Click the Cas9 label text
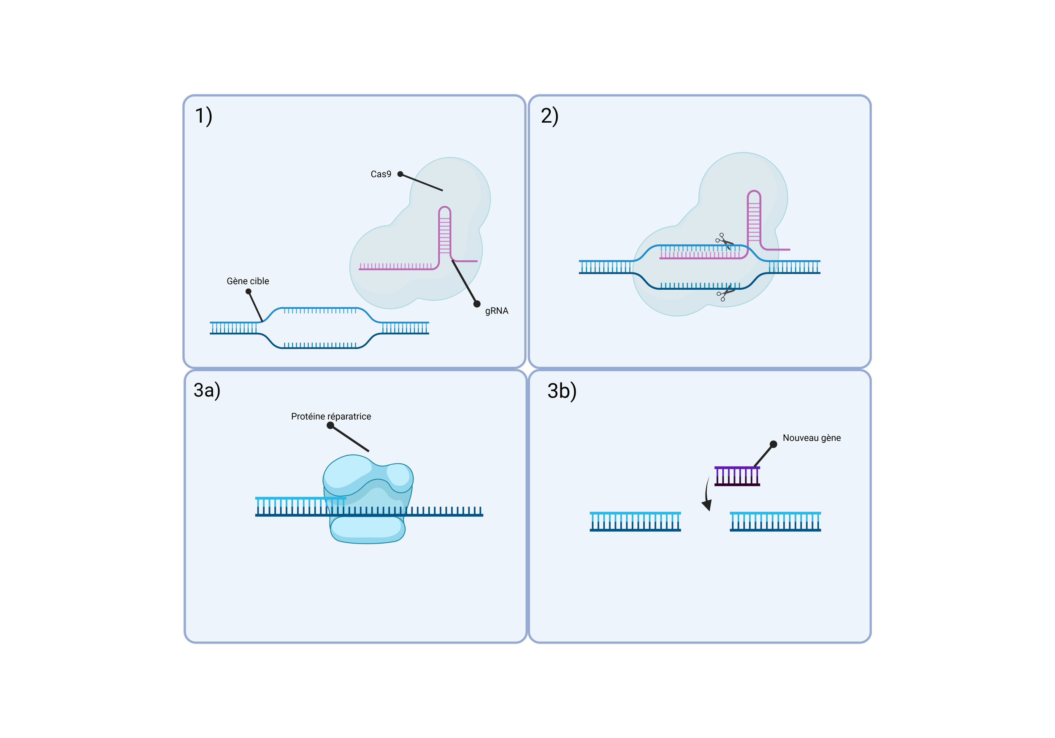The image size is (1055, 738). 381,174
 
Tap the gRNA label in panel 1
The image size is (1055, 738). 497,311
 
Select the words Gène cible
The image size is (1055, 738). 248,281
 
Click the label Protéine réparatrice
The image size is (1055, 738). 331,417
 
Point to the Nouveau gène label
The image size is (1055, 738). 812,438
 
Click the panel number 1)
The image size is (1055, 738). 203,116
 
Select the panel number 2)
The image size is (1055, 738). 549,116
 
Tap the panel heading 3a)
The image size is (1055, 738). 207,391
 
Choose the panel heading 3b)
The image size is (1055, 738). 562,391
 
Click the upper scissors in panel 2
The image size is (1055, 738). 724,241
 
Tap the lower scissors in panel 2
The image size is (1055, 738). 725,293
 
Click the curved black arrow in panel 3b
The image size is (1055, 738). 707,494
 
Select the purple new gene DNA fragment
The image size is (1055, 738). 737,476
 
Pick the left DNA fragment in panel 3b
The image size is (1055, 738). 635,522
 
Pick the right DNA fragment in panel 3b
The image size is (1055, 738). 775,522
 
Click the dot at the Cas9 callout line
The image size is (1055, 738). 400,174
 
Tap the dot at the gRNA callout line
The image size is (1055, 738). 477,304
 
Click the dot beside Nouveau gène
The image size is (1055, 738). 774,444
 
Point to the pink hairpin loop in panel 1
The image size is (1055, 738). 444,212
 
